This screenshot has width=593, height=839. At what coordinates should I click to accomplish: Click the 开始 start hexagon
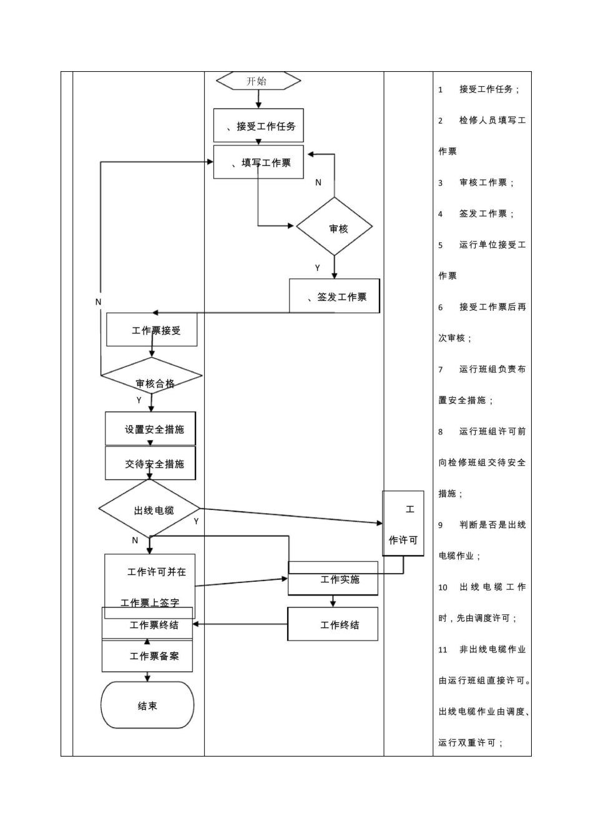point(258,81)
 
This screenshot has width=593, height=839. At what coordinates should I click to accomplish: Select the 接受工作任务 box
point(258,126)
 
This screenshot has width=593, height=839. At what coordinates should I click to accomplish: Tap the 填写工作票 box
point(258,162)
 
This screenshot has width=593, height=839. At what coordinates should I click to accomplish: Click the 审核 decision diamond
point(335,227)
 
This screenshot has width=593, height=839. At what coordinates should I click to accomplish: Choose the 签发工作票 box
point(335,297)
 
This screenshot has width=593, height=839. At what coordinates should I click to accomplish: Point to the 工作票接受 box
point(152,330)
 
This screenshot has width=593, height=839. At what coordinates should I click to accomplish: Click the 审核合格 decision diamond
point(152,377)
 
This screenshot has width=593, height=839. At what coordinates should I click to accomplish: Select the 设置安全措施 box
point(150,429)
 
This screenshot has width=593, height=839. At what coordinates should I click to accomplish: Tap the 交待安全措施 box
point(150,463)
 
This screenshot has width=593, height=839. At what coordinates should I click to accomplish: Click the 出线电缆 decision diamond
point(150,509)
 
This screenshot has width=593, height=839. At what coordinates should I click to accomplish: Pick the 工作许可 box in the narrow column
point(403,524)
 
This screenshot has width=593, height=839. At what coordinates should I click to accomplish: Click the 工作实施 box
point(333,579)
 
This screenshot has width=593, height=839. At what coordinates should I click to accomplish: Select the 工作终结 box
point(333,624)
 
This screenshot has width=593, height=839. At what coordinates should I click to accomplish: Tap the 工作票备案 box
point(147,656)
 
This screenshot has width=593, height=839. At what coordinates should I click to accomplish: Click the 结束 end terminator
point(147,705)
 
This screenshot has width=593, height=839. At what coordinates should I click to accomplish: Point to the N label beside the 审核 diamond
point(318,182)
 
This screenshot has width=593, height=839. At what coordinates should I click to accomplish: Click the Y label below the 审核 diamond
point(318,268)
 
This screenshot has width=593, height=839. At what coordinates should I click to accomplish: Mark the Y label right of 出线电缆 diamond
point(196,521)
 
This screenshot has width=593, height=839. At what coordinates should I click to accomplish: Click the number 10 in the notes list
point(443,587)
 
